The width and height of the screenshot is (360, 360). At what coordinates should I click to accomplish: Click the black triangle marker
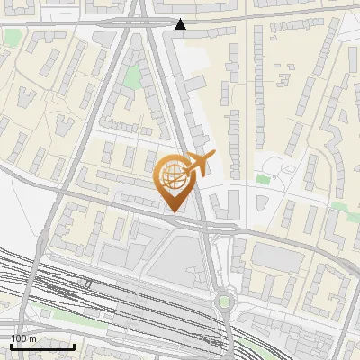pos(181,24)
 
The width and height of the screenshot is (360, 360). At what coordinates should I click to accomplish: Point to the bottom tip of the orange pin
pos(171,212)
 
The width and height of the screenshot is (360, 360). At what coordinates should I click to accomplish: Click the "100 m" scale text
pos(24,337)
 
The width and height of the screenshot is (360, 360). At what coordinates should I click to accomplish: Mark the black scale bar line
pos(42,346)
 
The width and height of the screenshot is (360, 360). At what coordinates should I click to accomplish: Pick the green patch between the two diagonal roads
pos(133,77)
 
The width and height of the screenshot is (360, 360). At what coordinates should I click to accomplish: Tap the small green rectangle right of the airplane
pos(262,180)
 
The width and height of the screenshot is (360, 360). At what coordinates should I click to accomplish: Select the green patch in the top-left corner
pos(12,37)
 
